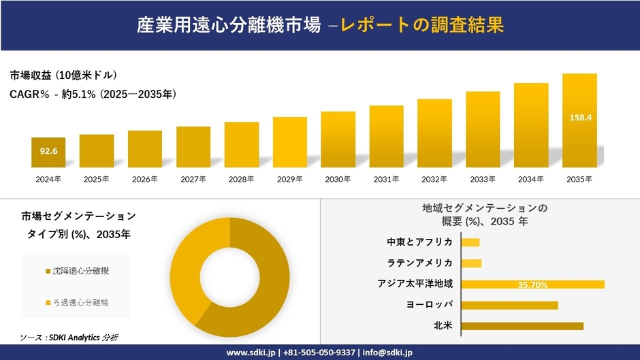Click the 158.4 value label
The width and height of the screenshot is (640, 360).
coord(579,117)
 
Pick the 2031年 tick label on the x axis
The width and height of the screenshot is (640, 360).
coord(386,179)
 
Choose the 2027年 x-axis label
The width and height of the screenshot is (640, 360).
coord(193,179)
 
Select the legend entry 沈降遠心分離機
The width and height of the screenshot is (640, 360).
coord(77,271)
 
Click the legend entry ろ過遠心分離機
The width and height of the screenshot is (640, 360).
coord(77,302)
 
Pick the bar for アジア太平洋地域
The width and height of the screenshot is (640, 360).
coord(532,284)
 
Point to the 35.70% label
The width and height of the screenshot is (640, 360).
coord(532,285)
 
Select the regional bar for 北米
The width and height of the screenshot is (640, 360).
coord(522,326)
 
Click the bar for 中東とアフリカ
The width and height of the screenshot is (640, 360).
coord(470,242)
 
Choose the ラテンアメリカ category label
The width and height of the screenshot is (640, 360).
coord(420,263)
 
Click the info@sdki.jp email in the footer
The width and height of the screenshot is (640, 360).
coord(387,353)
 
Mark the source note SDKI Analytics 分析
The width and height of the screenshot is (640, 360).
coord(68,338)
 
